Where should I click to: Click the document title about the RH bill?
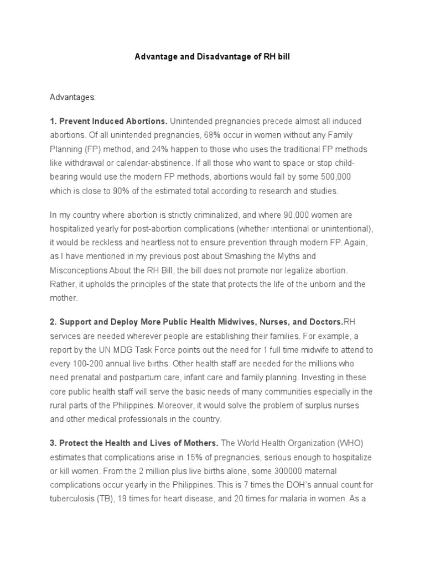click(x=212, y=57)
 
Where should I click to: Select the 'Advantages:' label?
click(x=72, y=97)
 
